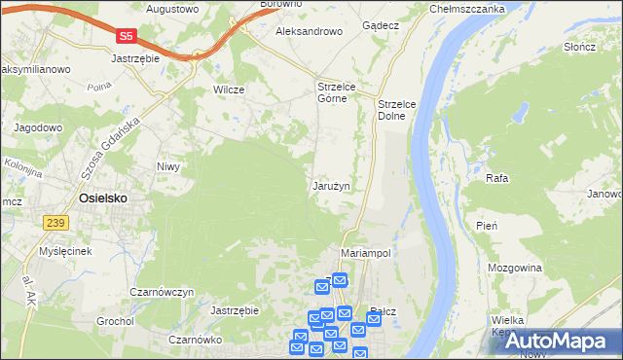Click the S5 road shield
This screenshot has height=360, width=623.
coord(126,36)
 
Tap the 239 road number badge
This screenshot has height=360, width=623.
coord(55,224)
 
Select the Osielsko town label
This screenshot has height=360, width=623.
coord(101,198)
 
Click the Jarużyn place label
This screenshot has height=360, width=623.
coord(331,185)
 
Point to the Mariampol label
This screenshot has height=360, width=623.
coord(366,252)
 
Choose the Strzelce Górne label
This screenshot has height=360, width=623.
coord(338,93)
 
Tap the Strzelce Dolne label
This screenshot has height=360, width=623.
coord(396,110)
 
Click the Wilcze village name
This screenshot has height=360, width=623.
coord(228,90)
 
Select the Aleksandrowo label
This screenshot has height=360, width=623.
coord(309,31)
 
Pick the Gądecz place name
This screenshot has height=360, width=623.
coord(380,25)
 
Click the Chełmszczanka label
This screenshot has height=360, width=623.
coord(467,9)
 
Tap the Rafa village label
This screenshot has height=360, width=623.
coord(497,178)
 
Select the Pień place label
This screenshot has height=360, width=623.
coord(488,226)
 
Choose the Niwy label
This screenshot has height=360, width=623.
coord(169,166)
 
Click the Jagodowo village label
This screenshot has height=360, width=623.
coord(38,127)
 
